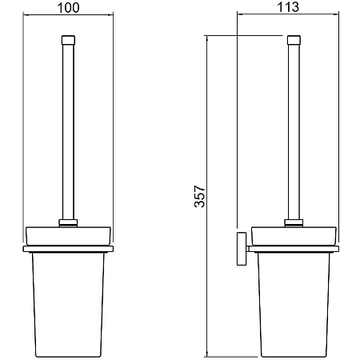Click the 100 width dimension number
click(x=68, y=8)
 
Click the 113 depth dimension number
click(x=288, y=7)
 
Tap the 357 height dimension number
click(x=200, y=196)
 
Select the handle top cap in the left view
click(x=68, y=40)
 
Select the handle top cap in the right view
click(x=294, y=40)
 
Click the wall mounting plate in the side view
click(x=242, y=249)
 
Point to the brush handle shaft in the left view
click(x=68, y=132)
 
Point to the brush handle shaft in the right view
click(x=294, y=132)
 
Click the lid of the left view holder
click(x=68, y=236)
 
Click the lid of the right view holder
click(x=294, y=236)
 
